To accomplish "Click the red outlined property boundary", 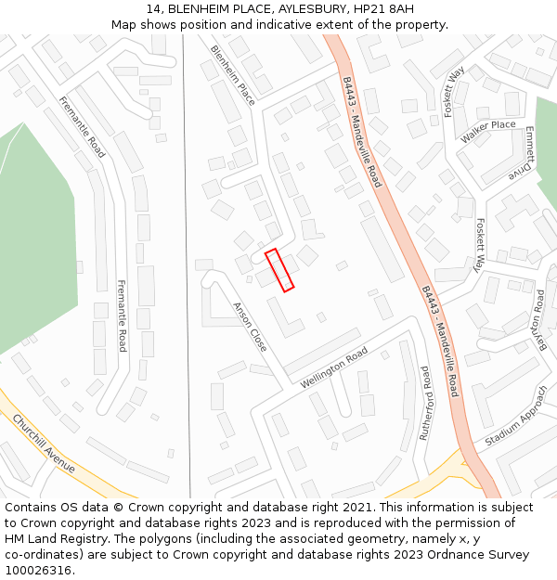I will pyautogui.click(x=279, y=270).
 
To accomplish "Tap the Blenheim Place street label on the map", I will pyautogui.click(x=233, y=75).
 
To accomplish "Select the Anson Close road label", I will pyautogui.click(x=250, y=326).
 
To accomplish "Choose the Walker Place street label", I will pyautogui.click(x=487, y=131).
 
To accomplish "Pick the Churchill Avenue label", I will pyautogui.click(x=44, y=443).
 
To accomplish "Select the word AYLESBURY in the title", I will pyautogui.click(x=300, y=9).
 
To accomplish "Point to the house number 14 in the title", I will pyautogui.click(x=153, y=9).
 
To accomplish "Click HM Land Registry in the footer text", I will pyautogui.click(x=57, y=539).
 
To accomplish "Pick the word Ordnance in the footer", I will pyautogui.click(x=453, y=555).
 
